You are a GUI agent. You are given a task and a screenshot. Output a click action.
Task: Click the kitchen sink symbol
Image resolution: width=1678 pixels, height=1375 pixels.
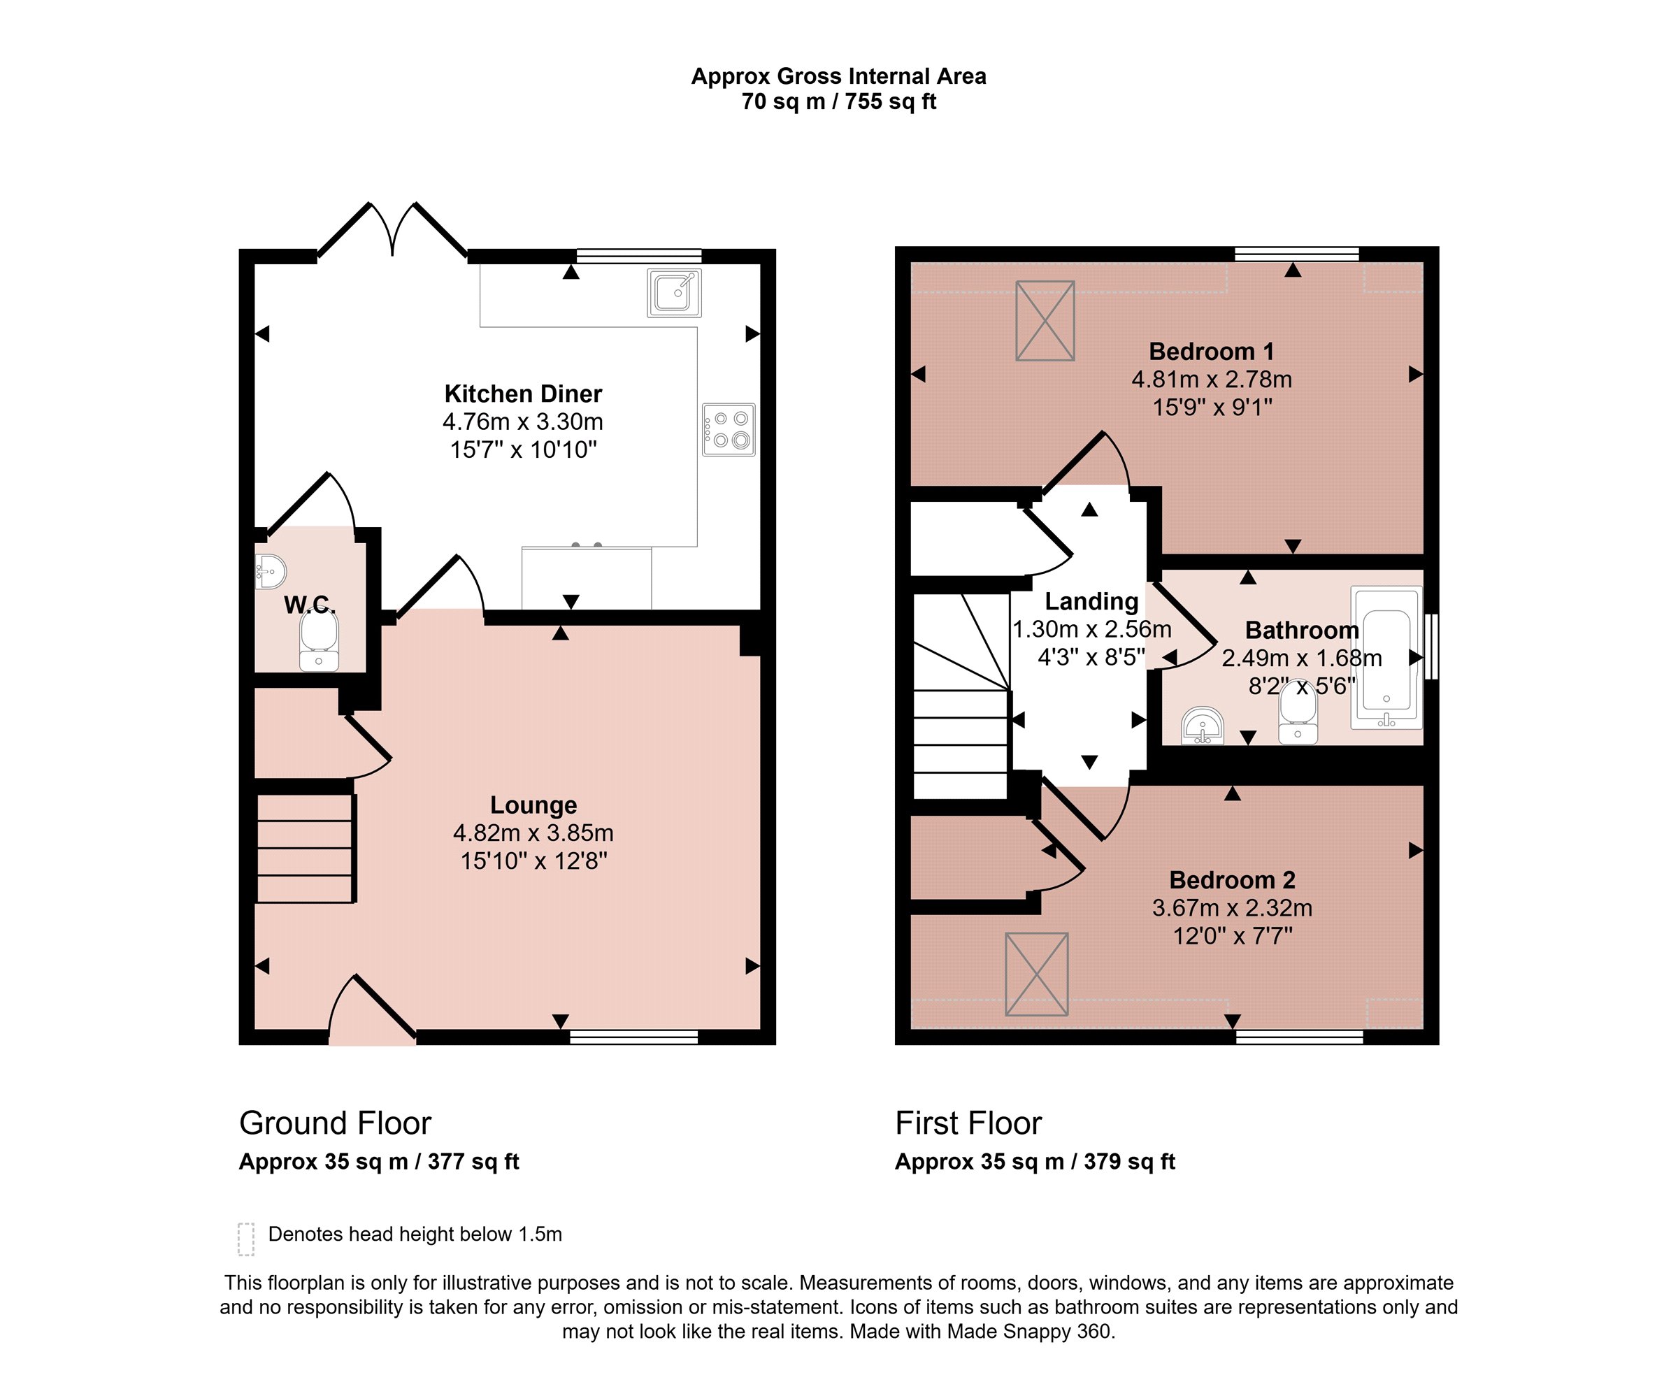coord(674,293)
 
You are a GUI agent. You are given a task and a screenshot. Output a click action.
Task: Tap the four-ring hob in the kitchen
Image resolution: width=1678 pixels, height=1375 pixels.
coord(728,430)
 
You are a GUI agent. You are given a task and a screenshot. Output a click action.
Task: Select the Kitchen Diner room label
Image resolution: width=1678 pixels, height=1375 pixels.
coord(523,394)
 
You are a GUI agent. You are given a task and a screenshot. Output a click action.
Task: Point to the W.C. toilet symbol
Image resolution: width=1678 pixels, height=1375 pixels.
coord(319,641)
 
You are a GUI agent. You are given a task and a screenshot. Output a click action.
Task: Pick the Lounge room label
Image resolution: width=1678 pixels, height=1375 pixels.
coord(533,805)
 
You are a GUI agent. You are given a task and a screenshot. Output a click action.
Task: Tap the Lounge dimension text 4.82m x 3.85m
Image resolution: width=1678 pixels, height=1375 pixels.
coord(533,833)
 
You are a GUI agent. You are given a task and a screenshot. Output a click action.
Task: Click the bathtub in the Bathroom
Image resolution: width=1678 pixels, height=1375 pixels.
coord(1386,657)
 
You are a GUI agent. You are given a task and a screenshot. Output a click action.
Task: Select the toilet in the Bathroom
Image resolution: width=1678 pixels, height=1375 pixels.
coord(1298,715)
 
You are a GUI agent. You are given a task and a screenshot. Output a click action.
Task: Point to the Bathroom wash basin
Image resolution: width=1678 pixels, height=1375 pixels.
coord(1203,726)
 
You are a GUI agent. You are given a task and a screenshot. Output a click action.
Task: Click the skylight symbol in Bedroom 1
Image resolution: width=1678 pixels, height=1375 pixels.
coord(1045,321)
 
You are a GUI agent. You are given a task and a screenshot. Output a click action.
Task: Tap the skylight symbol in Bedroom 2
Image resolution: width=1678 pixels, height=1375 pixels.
coord(1036,974)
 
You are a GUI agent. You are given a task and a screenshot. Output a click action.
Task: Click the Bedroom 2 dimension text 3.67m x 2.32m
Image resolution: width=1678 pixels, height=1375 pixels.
coord(1232,907)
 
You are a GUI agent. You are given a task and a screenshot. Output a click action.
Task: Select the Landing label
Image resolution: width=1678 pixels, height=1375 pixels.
coord(1091,601)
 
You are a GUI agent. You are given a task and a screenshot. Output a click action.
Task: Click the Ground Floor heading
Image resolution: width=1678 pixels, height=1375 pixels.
coord(335,1123)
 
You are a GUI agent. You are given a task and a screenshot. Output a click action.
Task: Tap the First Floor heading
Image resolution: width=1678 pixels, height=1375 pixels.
coord(968,1123)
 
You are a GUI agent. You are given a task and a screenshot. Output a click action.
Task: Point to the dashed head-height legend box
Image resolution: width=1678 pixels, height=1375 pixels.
coord(246,1239)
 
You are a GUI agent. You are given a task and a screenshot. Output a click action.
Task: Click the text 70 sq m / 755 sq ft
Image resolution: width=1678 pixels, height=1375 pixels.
coord(839,101)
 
